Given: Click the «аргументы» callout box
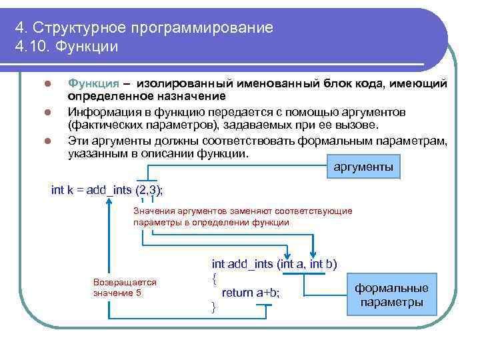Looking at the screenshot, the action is [x=363, y=167].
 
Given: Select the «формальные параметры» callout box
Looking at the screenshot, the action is [x=391, y=295].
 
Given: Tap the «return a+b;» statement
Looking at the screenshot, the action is [x=251, y=292].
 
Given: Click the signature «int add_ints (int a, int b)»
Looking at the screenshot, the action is [x=274, y=263].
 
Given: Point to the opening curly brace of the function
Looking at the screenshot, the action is [x=214, y=277].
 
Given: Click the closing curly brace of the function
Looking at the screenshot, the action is [x=213, y=307].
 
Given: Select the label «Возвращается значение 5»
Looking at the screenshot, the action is [x=125, y=287].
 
